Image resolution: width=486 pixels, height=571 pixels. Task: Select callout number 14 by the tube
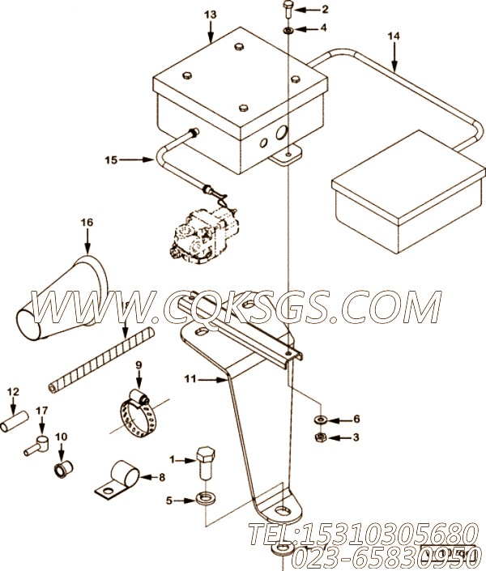tap(394, 36)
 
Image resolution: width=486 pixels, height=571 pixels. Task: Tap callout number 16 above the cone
tap(87, 222)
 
